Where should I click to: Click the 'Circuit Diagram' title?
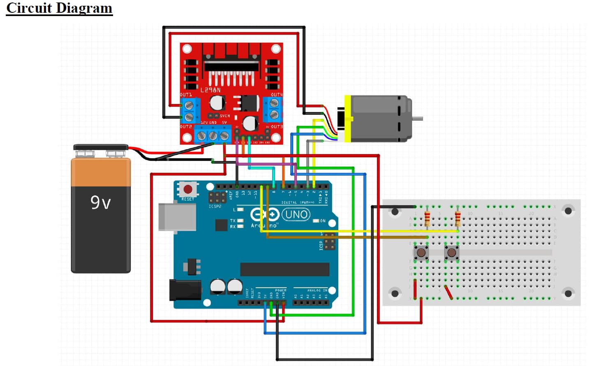(x=59, y=8)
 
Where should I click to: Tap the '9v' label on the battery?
(x=101, y=203)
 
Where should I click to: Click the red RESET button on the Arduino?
(x=188, y=189)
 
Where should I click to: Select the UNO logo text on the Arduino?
(x=296, y=214)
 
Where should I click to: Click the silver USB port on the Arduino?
(x=177, y=217)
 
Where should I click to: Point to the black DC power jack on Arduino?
(x=185, y=289)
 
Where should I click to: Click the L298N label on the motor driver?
(x=211, y=90)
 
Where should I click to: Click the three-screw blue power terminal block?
(x=213, y=135)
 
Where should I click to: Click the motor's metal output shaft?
(x=417, y=119)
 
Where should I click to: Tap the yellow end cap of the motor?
(x=348, y=119)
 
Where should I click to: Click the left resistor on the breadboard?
(x=427, y=218)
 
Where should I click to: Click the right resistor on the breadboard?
(x=458, y=218)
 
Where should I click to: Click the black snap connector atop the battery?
(x=101, y=147)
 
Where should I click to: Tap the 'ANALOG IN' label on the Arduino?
(x=317, y=290)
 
